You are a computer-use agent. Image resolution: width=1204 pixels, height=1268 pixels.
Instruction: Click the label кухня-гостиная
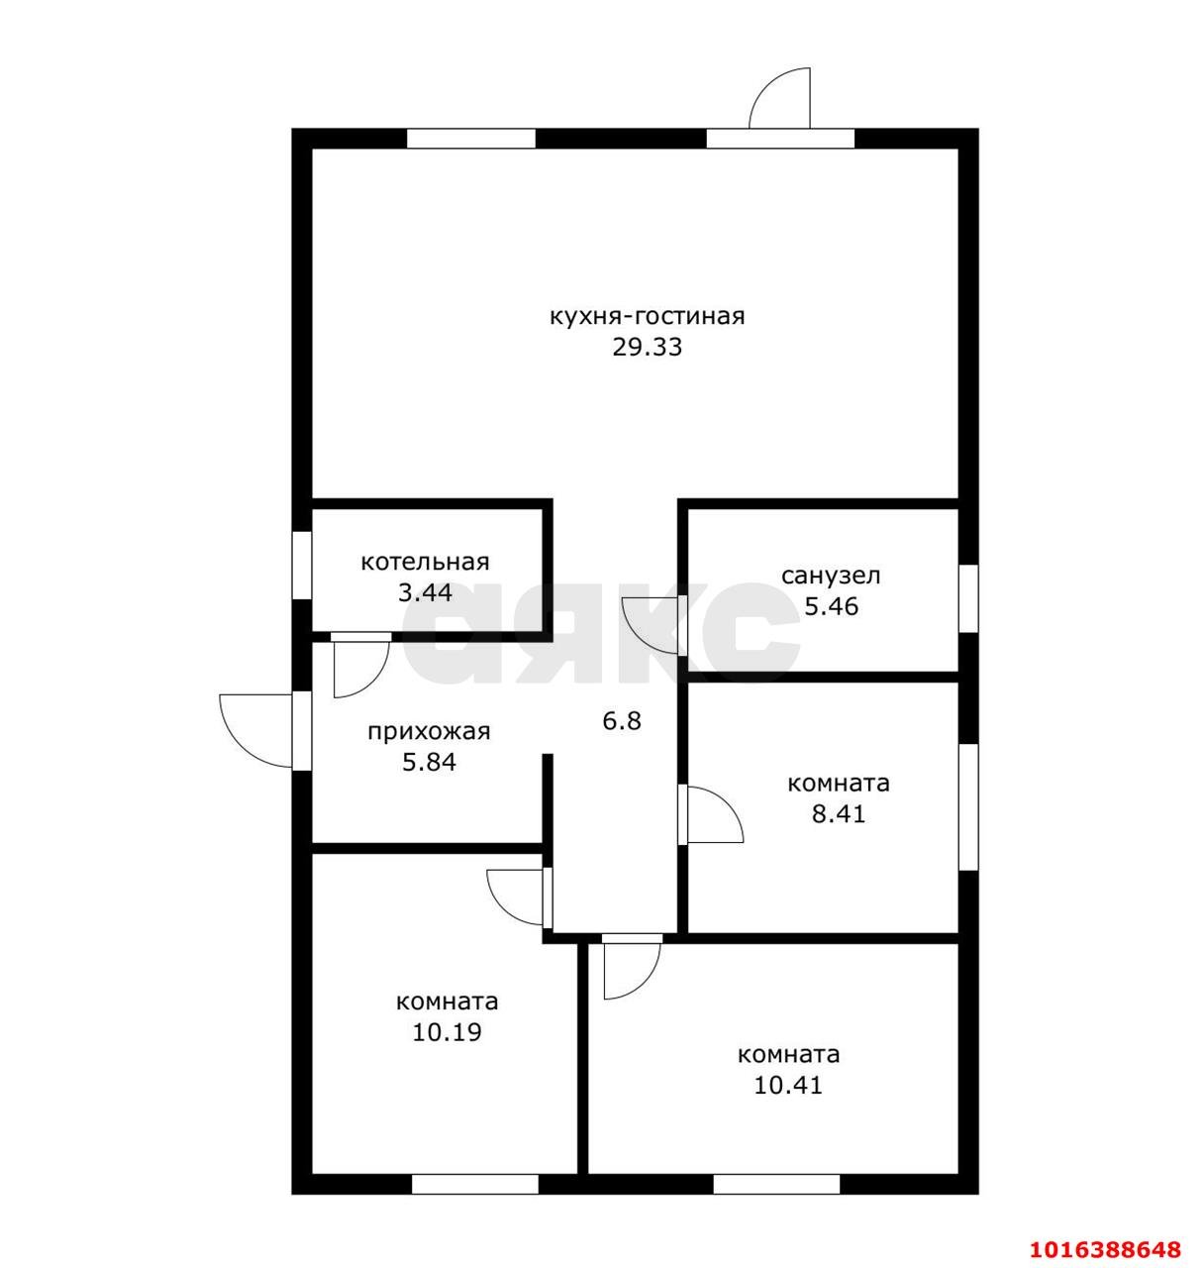coord(647,317)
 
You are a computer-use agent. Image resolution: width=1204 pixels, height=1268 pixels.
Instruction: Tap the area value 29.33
coord(647,348)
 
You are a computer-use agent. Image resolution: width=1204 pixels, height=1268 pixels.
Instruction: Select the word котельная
coord(425,561)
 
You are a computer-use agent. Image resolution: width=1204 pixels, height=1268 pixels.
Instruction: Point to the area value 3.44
coord(425,592)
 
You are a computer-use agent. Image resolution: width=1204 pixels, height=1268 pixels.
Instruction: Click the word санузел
coord(831,576)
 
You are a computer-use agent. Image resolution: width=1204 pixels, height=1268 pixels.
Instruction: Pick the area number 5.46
coord(832,606)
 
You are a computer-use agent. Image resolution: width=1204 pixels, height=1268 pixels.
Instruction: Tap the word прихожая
coord(429,731)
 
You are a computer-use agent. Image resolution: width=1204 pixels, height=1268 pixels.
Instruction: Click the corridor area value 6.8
coord(622,720)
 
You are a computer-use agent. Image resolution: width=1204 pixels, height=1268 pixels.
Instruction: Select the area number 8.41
coord(839,814)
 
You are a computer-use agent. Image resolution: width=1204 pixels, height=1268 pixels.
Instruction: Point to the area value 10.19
coord(447,1032)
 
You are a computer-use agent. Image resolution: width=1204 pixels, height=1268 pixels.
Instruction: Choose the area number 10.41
coord(788,1086)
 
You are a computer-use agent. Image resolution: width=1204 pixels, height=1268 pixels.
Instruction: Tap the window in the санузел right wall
coord(968,598)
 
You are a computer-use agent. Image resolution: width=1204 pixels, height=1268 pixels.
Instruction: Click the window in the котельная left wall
coord(302,565)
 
